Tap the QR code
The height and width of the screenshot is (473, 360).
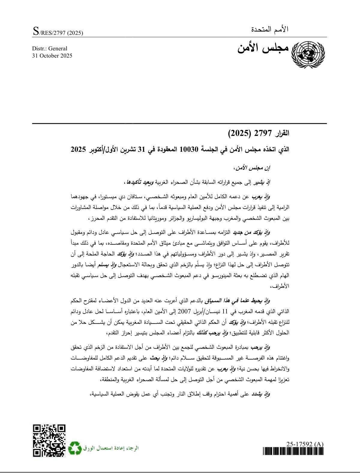pyautogui.click(x=49, y=441)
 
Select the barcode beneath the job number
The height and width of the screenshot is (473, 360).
pyautogui.click(x=293, y=451)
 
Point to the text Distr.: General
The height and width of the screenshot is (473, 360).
pyautogui.click(x=50, y=49)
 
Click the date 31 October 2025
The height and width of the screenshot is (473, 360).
pyautogui.click(x=52, y=56)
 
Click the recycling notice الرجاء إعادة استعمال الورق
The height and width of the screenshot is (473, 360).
pyautogui.click(x=112, y=448)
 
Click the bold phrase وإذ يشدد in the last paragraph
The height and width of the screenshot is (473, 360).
pyautogui.click(x=262, y=395)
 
